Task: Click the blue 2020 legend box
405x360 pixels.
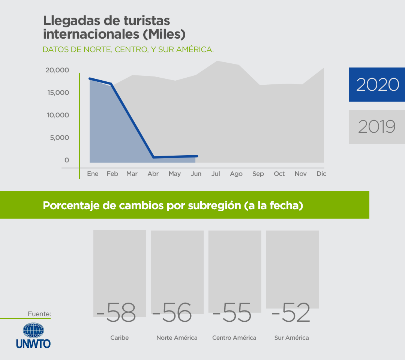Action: click(377, 84)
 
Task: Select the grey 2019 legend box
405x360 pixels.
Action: click(377, 127)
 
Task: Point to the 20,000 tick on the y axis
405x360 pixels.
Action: click(57, 70)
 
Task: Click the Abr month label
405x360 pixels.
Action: click(153, 174)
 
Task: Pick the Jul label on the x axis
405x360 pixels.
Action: click(216, 174)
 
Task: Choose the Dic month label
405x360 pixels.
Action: click(321, 174)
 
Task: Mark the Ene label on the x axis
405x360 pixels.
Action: click(93, 174)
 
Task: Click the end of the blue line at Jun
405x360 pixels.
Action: click(196, 156)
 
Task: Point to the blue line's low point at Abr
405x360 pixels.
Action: click(153, 157)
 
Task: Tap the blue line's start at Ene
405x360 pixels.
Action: click(89, 78)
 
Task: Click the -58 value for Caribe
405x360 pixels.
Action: click(116, 313)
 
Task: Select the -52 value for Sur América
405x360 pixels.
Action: click(291, 313)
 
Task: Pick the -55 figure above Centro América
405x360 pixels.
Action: click(232, 313)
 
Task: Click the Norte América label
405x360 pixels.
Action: click(177, 338)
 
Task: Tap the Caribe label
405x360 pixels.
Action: click(119, 338)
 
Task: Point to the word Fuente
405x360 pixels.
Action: click(39, 314)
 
